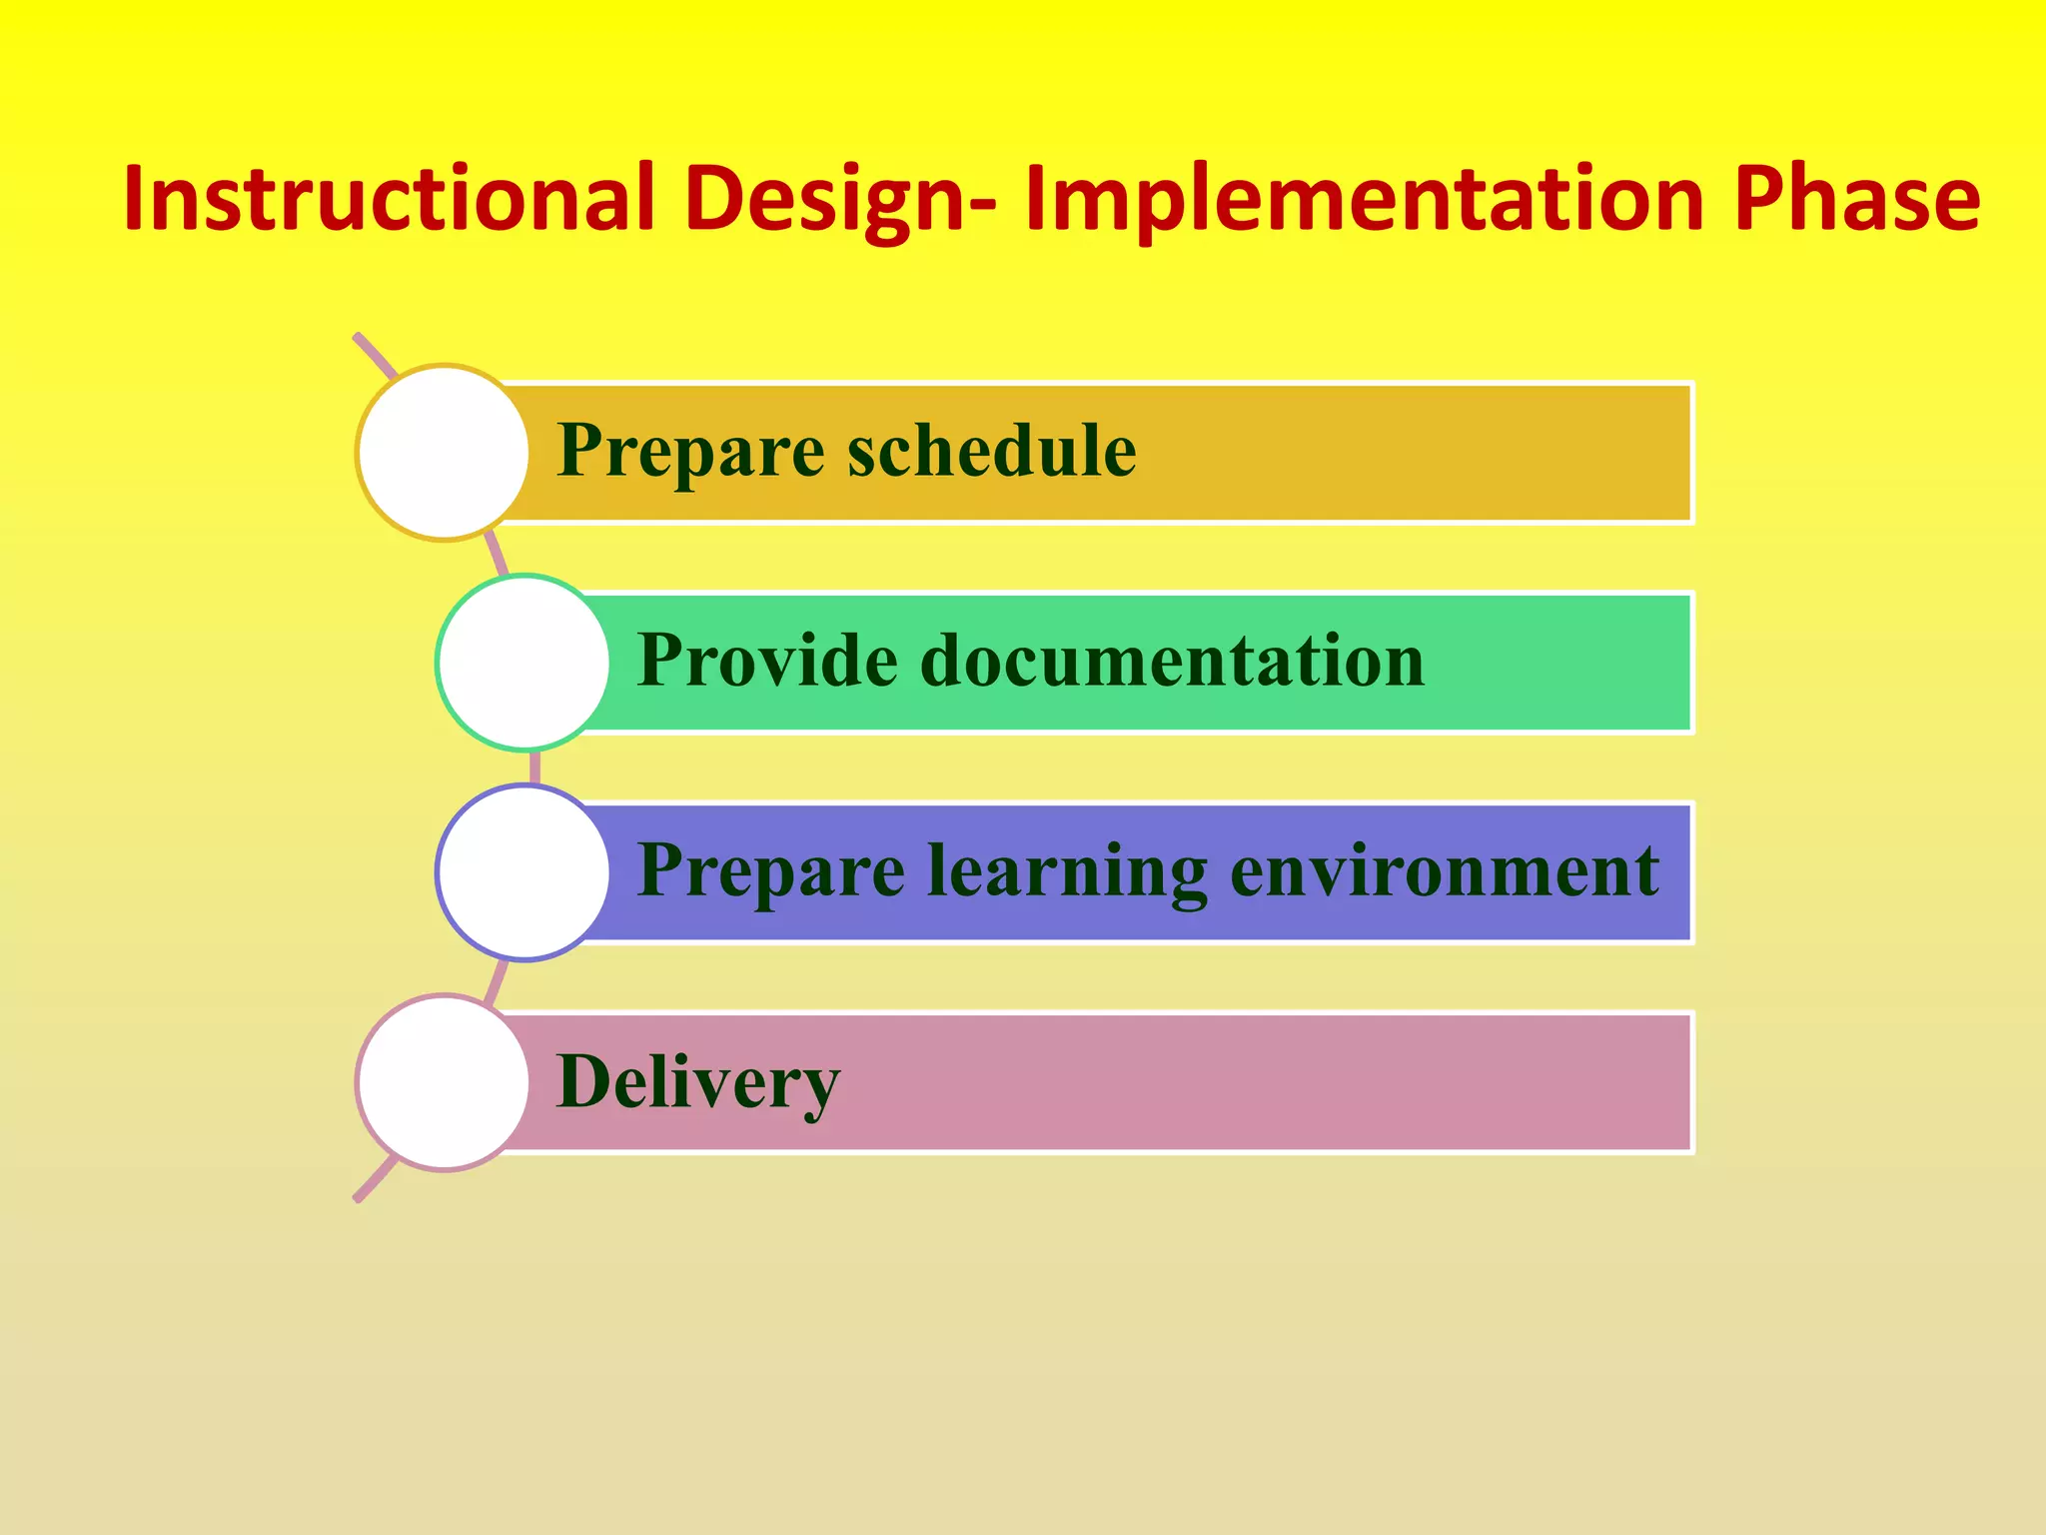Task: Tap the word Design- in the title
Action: point(839,200)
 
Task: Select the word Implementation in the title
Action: point(1364,200)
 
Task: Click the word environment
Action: point(1445,870)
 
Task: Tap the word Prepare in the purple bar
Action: point(770,872)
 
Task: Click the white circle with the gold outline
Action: point(444,453)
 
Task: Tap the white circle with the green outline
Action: point(523,663)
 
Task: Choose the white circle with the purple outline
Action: point(523,872)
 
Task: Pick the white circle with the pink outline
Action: point(444,1082)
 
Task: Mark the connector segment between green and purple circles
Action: point(534,767)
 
